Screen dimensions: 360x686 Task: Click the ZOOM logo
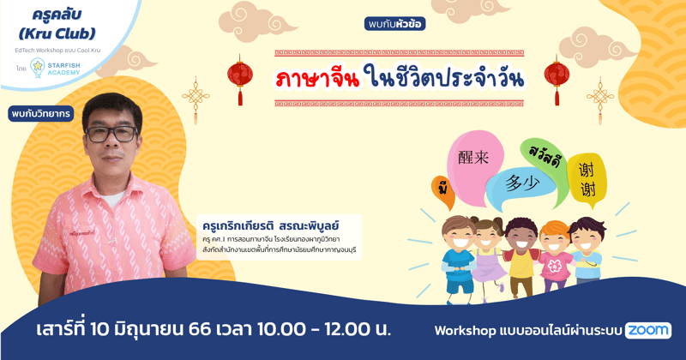click(647, 330)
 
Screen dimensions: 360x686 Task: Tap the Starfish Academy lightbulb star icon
click(38, 67)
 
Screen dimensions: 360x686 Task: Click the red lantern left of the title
click(239, 72)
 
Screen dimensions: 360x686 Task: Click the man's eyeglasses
click(112, 134)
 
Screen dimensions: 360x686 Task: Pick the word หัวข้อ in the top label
click(411, 24)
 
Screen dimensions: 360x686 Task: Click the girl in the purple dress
click(487, 257)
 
